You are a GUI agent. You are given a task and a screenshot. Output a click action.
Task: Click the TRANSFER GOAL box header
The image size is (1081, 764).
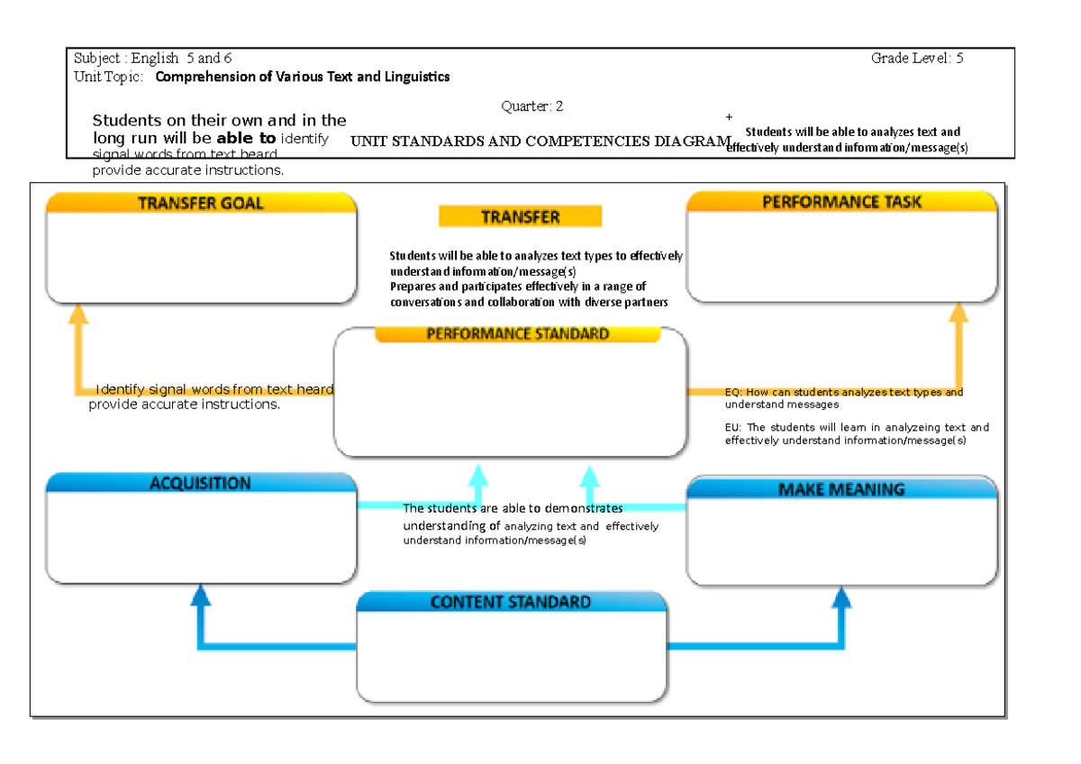coord(201,204)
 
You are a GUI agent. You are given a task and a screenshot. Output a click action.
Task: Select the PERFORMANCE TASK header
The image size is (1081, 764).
coord(841,202)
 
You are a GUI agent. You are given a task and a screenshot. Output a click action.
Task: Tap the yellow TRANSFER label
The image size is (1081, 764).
coord(520,216)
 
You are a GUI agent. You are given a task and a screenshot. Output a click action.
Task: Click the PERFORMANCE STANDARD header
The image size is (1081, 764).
coord(517,334)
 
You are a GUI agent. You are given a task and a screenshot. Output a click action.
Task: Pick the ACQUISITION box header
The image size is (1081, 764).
coord(201,483)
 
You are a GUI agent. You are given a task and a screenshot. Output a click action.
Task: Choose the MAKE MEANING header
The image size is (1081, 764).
coord(841,489)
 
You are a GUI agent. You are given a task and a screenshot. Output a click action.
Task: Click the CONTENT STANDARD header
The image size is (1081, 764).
coord(511,602)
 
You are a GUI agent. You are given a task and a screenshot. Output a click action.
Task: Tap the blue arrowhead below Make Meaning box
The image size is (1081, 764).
coord(841,596)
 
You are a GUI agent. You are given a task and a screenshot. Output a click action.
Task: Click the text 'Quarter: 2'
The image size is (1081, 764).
coord(531,106)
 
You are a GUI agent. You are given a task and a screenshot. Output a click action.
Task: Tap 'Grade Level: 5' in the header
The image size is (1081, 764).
coord(917,59)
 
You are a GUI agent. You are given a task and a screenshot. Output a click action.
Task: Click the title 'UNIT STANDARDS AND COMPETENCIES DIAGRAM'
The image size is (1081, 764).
coord(540,141)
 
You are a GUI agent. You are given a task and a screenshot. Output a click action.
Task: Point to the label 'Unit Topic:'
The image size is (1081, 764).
coord(108,77)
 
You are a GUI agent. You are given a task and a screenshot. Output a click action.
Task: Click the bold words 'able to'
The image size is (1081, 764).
coord(246,139)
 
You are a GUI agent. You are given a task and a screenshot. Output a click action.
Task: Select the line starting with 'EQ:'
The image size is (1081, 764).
coord(843,393)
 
